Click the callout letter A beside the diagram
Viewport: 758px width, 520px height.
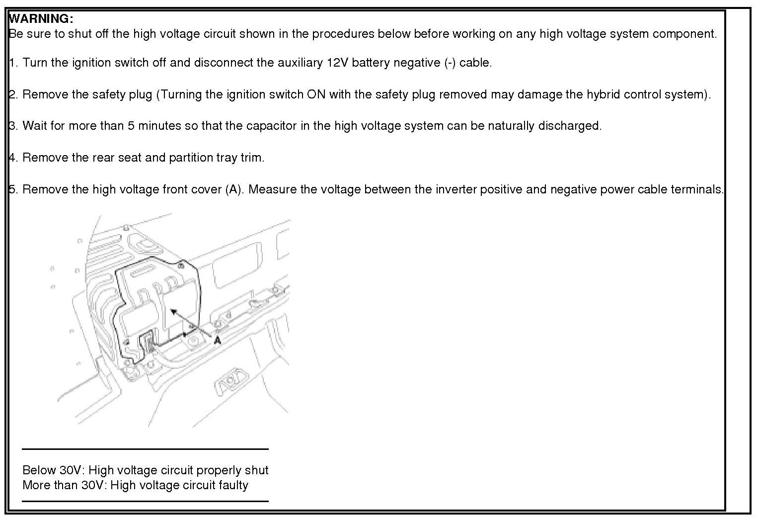pyautogui.click(x=217, y=340)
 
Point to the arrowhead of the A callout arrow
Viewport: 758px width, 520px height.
pyautogui.click(x=172, y=311)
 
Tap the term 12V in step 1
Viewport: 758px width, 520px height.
pyautogui.click(x=337, y=63)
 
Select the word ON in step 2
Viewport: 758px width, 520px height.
pyautogui.click(x=316, y=94)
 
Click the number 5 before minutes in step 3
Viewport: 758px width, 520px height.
pyautogui.click(x=131, y=126)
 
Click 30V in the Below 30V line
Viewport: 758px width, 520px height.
pyautogui.click(x=71, y=470)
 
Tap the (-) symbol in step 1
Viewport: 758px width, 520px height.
pyautogui.click(x=450, y=63)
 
